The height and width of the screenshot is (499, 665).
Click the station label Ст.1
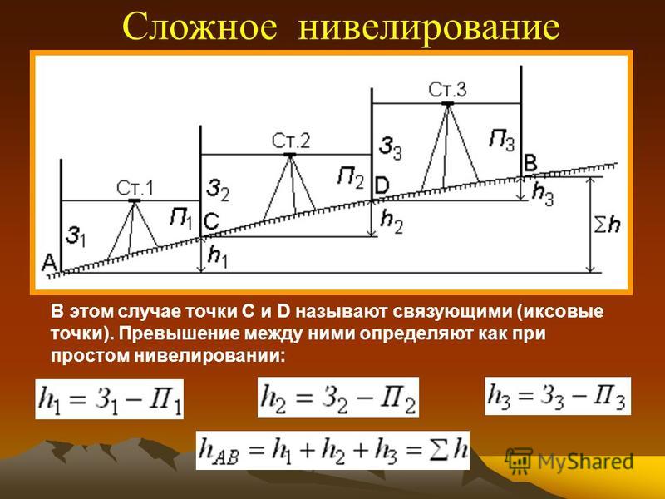[x=135, y=188]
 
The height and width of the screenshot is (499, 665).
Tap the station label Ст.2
[x=291, y=141]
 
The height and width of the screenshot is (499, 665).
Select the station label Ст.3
[x=447, y=90]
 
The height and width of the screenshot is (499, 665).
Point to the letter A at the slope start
[x=49, y=263]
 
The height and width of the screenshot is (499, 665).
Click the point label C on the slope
[x=211, y=221]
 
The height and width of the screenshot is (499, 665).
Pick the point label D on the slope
[x=382, y=185]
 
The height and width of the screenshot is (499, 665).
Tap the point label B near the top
[x=530, y=163]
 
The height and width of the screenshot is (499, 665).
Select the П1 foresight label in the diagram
[x=181, y=219]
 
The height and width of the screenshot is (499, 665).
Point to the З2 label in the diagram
[x=218, y=190]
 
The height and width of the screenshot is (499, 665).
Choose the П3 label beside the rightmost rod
[x=502, y=140]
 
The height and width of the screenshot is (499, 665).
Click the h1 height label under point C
[x=218, y=257]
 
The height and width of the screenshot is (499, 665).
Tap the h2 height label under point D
[x=392, y=221]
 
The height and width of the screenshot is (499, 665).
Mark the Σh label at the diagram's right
[x=607, y=225]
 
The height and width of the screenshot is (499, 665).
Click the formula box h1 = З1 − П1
[x=110, y=399]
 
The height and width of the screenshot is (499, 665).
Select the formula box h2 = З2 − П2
[x=338, y=398]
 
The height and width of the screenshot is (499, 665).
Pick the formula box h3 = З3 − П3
[x=558, y=396]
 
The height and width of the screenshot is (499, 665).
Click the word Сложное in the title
[x=199, y=28]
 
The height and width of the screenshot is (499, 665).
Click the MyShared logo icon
[x=519, y=461]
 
